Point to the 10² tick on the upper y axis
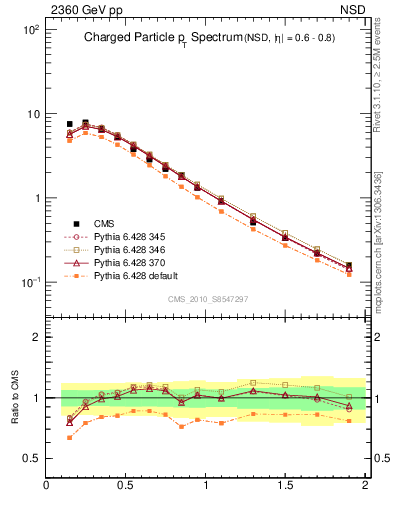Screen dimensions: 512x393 (30, 30)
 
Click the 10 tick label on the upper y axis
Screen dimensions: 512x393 (32, 114)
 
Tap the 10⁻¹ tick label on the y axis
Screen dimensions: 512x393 (30, 282)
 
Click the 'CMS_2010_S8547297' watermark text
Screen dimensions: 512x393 (207, 299)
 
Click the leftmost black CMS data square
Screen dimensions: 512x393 (69, 124)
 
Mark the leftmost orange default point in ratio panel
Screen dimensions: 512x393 (69, 437)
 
